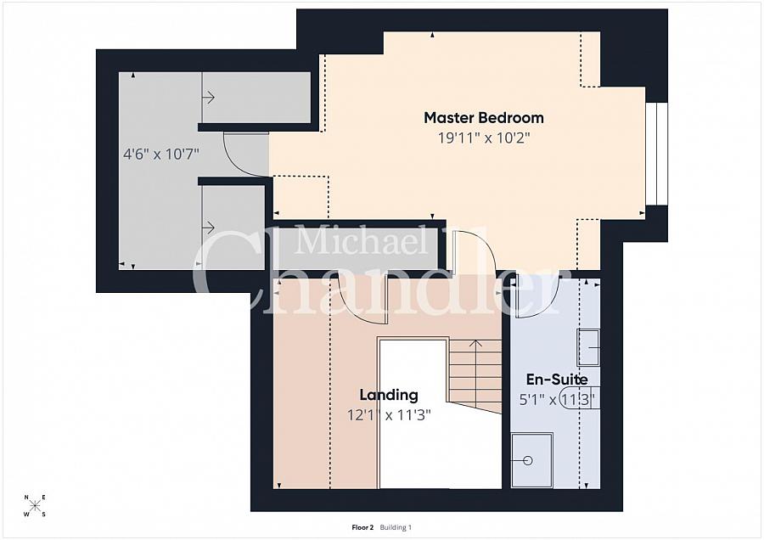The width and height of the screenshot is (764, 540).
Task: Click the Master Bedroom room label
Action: pos(484,117)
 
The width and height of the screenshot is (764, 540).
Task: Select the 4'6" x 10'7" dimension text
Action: pos(161,155)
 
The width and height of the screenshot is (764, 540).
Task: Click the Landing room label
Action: pos(388,395)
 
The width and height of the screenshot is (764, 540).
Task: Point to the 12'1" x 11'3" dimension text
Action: pos(388,415)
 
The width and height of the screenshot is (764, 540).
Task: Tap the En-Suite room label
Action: pos(557,380)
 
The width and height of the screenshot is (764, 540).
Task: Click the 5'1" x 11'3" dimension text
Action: pos(557,400)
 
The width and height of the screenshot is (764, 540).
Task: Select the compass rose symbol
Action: pos(35,505)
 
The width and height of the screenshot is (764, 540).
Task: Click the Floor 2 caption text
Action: pos(362,527)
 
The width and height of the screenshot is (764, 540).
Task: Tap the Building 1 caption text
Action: pos(396,527)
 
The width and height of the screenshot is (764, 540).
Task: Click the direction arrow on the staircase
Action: pos(475,346)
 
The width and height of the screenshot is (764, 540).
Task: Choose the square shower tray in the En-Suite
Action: pos(531,460)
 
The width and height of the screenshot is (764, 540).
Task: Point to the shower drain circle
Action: pos(528,460)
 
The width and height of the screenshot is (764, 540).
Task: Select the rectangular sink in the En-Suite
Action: pos(589,346)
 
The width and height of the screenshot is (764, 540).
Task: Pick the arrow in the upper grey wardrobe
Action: pos(208,98)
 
